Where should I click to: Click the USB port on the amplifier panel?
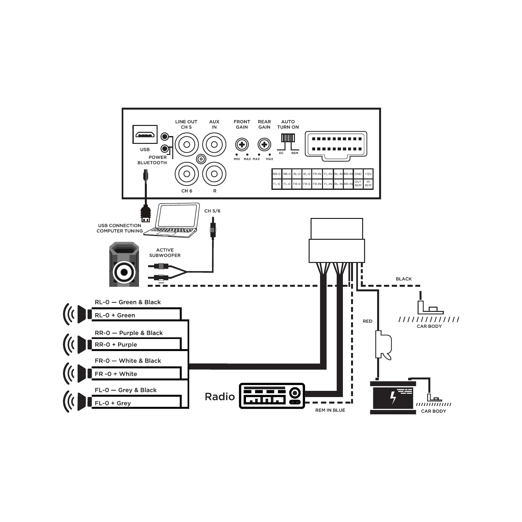tap(145, 134)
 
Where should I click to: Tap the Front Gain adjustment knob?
tap(242, 145)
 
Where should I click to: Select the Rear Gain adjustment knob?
tap(264, 145)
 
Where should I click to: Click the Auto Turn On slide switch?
tap(288, 138)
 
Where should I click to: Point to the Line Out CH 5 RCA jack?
tap(187, 145)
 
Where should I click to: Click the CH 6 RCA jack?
tap(187, 174)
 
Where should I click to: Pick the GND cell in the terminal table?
tap(358, 174)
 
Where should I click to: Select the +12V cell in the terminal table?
tap(368, 174)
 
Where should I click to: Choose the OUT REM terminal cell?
tap(358, 184)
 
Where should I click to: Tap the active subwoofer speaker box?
tap(124, 264)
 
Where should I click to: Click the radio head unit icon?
tap(272, 396)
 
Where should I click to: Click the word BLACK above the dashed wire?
tap(404, 279)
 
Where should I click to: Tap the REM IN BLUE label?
tap(330, 410)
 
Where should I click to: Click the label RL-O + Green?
tap(115, 315)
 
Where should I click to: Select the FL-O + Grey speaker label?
tap(113, 403)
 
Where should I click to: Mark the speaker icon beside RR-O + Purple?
tap(77, 344)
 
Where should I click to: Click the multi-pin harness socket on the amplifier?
tap(336, 146)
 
